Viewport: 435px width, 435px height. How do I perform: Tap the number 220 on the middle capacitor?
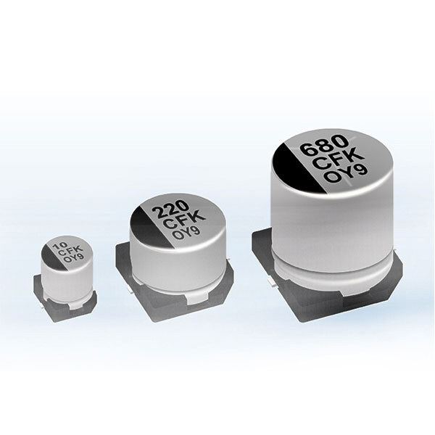(170, 210)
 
